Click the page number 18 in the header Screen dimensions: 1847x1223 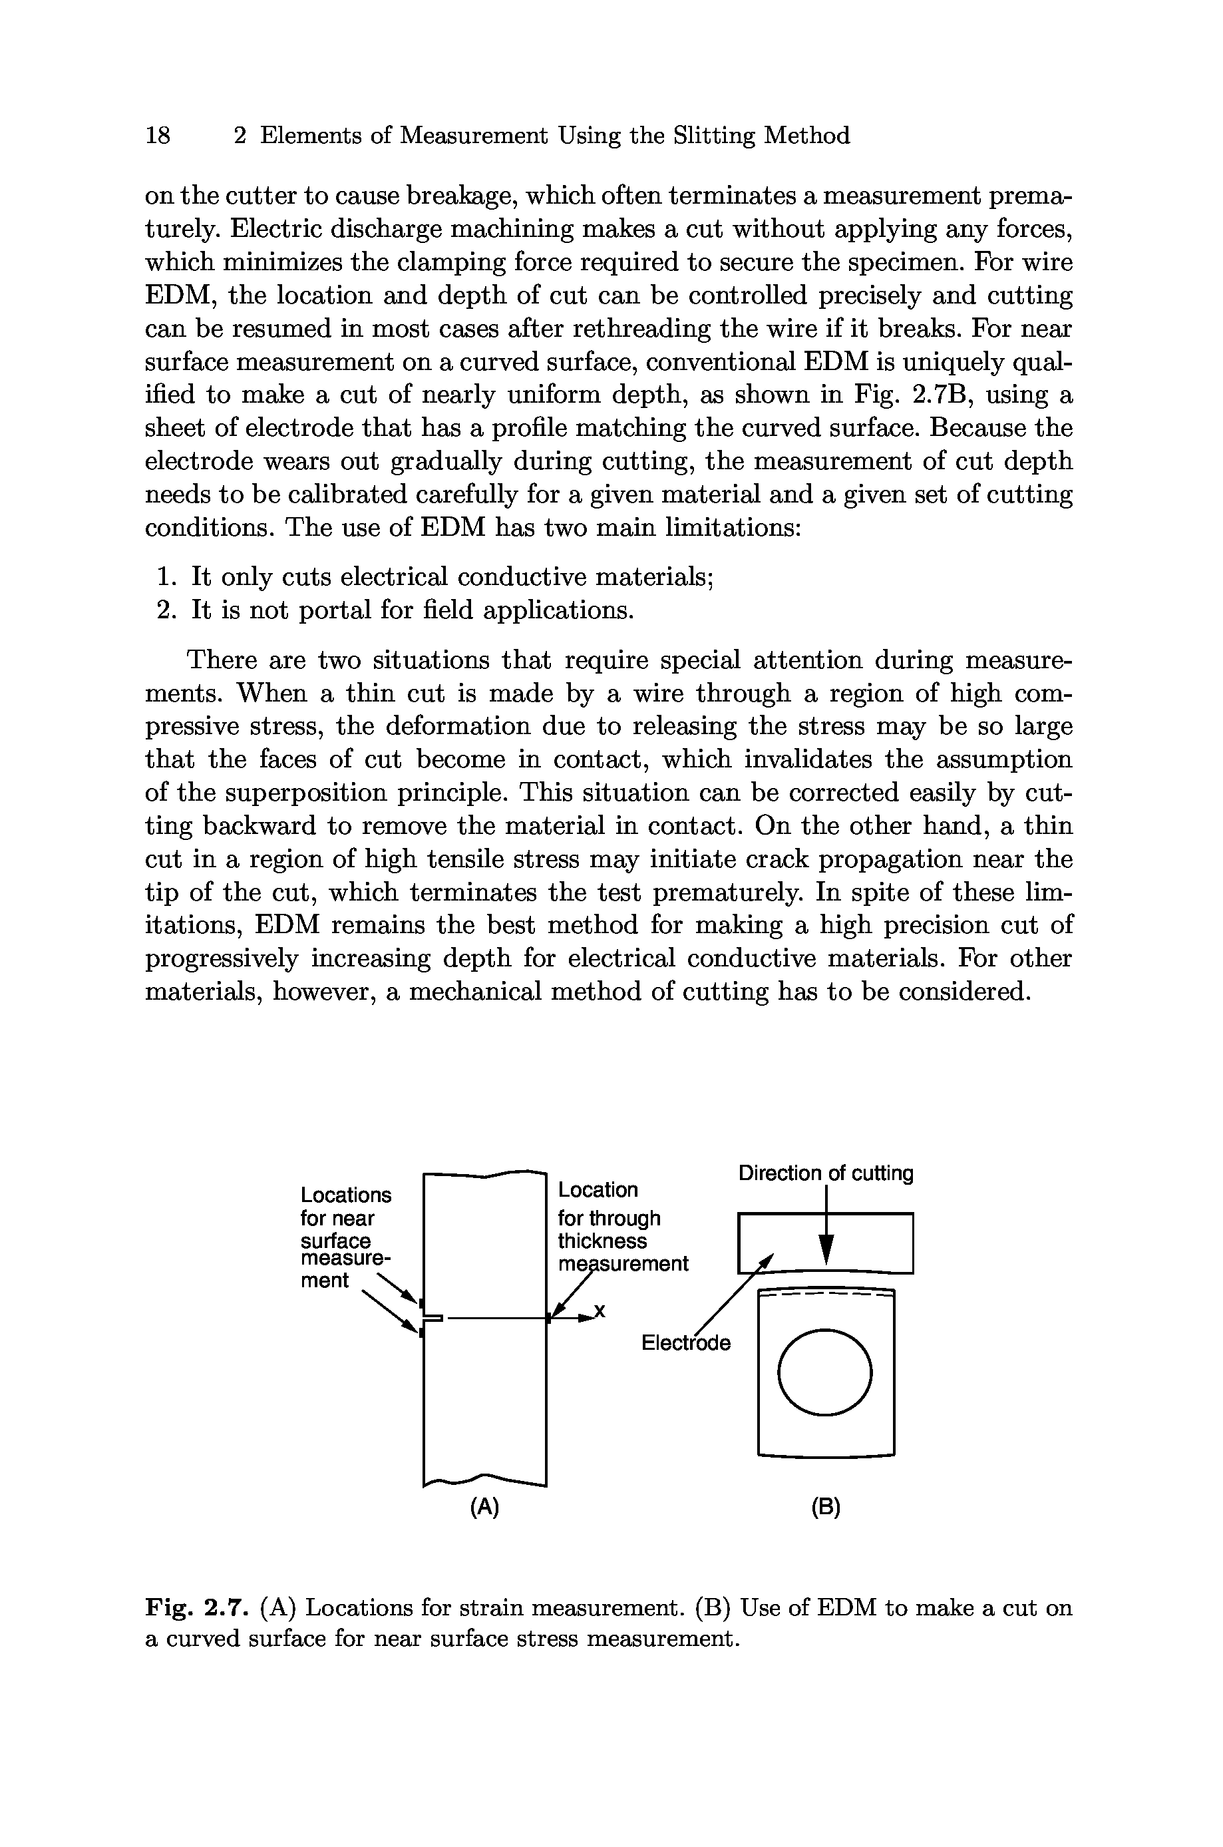158,136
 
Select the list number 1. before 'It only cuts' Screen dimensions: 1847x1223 166,577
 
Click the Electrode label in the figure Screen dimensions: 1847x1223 685,1342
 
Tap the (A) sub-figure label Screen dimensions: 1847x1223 484,1508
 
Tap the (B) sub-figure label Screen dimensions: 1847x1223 826,1508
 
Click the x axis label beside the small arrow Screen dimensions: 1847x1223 600,1312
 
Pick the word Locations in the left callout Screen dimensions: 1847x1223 345,1195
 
